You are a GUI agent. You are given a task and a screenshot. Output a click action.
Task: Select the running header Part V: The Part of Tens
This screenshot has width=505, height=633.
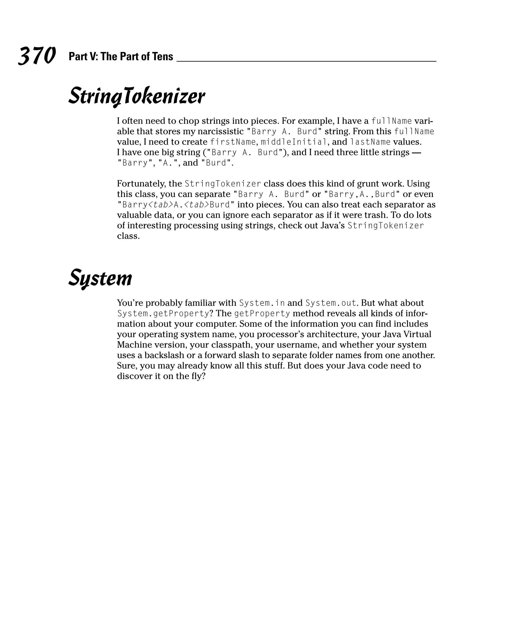click(121, 56)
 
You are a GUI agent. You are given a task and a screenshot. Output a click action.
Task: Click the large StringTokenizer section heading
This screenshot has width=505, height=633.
click(137, 96)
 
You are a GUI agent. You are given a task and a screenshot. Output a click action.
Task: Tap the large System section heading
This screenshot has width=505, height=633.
click(100, 278)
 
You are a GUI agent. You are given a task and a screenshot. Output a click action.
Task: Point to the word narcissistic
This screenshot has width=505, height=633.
click(220, 131)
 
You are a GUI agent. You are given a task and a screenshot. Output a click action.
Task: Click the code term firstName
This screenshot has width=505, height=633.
click(233, 142)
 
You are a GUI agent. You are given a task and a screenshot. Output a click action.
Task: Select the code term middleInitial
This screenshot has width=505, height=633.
click(294, 142)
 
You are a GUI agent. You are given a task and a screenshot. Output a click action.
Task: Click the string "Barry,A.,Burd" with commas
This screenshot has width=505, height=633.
click(362, 194)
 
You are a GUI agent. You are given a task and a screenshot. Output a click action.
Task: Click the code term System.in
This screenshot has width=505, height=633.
click(262, 303)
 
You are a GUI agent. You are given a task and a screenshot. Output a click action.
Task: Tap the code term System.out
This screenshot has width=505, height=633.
click(331, 303)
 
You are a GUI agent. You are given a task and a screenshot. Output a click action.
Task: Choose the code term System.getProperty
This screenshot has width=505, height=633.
click(163, 314)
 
